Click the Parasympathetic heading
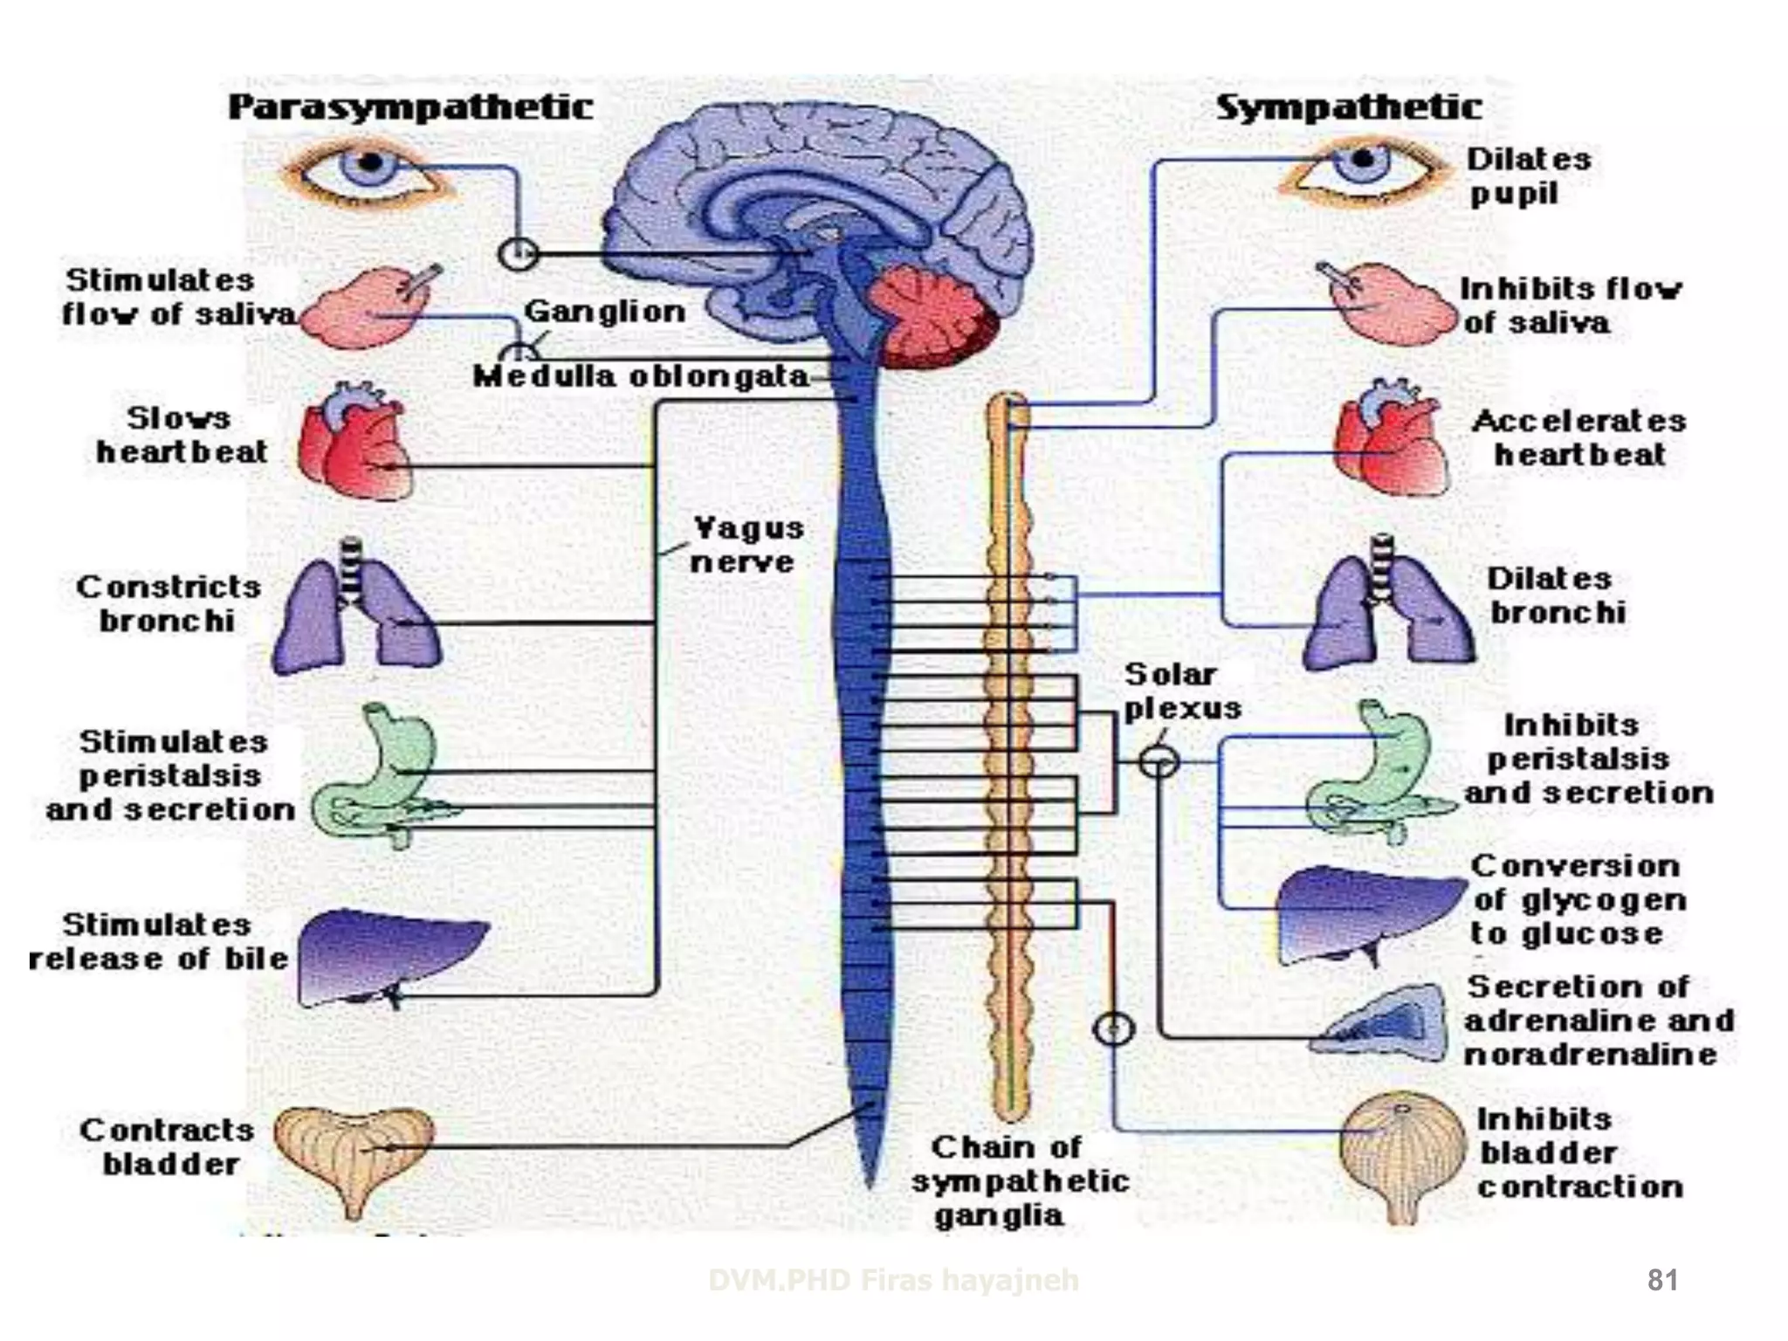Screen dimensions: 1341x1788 pyautogui.click(x=410, y=107)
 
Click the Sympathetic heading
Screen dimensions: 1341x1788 pyautogui.click(x=1348, y=107)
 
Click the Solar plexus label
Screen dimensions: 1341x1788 pyautogui.click(x=1180, y=691)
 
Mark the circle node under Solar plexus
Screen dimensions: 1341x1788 pyautogui.click(x=1159, y=762)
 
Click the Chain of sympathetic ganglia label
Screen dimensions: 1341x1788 pyautogui.click(x=1018, y=1180)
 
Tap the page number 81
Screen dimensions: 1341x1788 pyautogui.click(x=1661, y=1280)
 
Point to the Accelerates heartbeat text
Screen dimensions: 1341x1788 pyautogui.click(x=1578, y=437)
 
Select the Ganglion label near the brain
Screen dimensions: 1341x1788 pyautogui.click(x=604, y=311)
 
